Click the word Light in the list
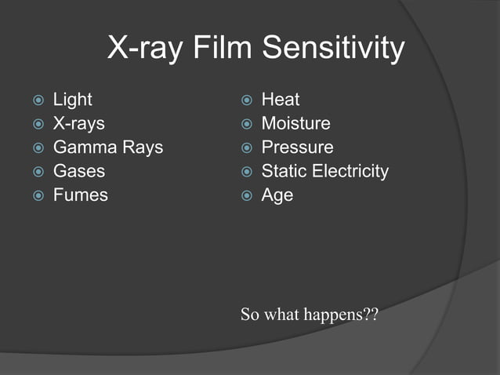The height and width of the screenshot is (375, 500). (72, 100)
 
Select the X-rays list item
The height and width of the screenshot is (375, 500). (78, 124)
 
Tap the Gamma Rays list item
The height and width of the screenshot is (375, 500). (107, 147)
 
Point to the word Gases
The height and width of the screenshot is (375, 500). (78, 171)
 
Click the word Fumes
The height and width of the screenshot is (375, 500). (80, 195)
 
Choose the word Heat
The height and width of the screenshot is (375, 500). (280, 100)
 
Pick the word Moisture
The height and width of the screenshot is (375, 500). (295, 124)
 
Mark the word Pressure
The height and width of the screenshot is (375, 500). (297, 147)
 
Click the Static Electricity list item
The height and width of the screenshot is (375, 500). (324, 171)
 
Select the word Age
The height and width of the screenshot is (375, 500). (277, 195)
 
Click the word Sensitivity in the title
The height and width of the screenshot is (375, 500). (333, 49)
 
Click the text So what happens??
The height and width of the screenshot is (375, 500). (310, 315)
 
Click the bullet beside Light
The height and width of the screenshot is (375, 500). (37, 100)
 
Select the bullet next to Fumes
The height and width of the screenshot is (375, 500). (37, 195)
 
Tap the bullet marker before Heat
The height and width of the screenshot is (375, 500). (245, 100)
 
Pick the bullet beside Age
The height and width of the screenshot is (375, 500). (245, 195)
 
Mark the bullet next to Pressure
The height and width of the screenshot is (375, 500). (245, 148)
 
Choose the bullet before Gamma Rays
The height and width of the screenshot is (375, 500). (37, 148)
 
